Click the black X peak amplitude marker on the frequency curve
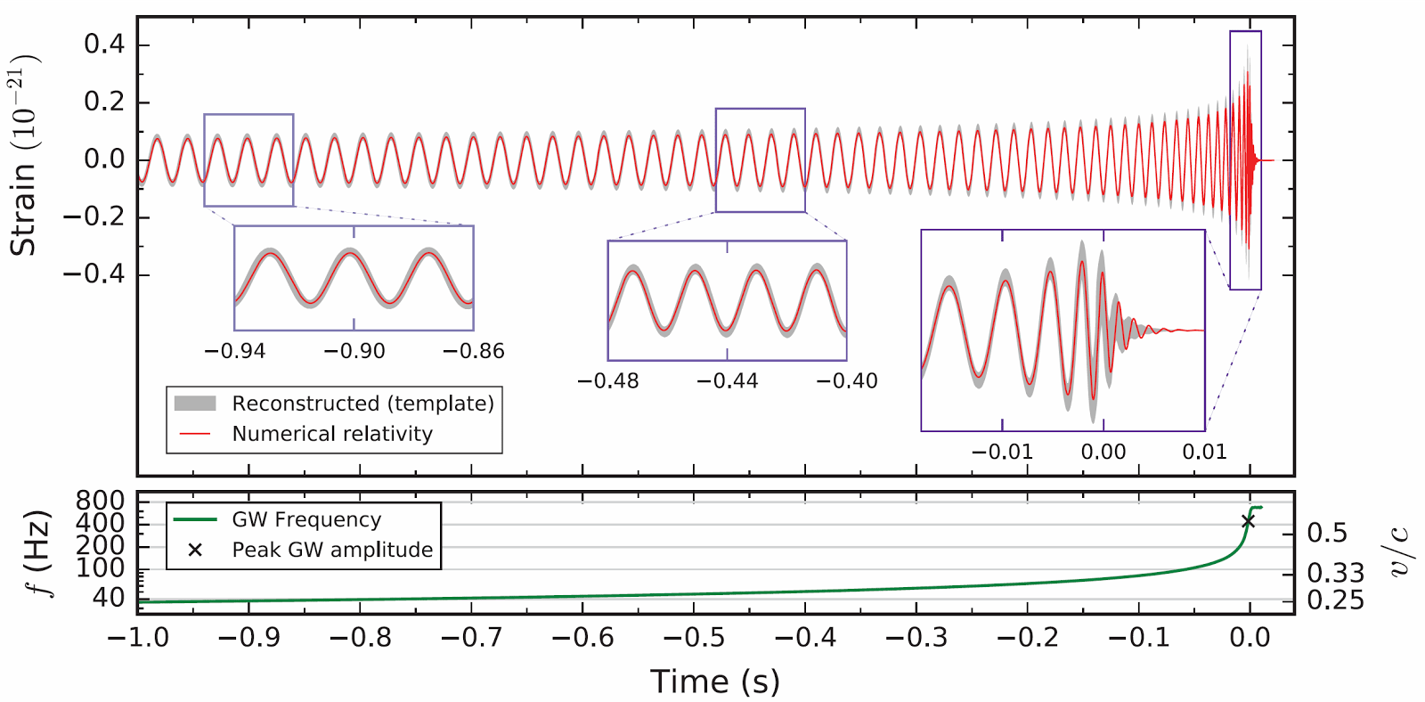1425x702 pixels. tap(1248, 521)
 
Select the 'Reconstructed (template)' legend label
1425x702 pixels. tap(362, 404)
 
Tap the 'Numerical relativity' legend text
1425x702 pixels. tap(332, 434)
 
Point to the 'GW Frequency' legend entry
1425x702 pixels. tap(306, 519)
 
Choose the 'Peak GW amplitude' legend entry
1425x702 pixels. tap(332, 550)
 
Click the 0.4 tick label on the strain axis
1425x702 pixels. tap(104, 44)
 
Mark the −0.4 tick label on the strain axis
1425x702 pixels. tap(94, 273)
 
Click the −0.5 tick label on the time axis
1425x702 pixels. tap(693, 638)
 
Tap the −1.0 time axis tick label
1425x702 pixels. tap(137, 638)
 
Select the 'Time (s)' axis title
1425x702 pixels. tap(715, 682)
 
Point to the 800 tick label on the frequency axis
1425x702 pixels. tap(100, 501)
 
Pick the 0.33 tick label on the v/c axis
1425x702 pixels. tap(1335, 572)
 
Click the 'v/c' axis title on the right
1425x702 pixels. tap(1401, 551)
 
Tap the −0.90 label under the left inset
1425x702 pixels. tap(354, 351)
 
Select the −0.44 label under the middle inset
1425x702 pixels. tap(727, 381)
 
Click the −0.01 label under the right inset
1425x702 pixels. tap(1002, 452)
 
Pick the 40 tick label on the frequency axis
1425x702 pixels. tap(109, 597)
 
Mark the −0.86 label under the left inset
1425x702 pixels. tap(473, 351)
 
